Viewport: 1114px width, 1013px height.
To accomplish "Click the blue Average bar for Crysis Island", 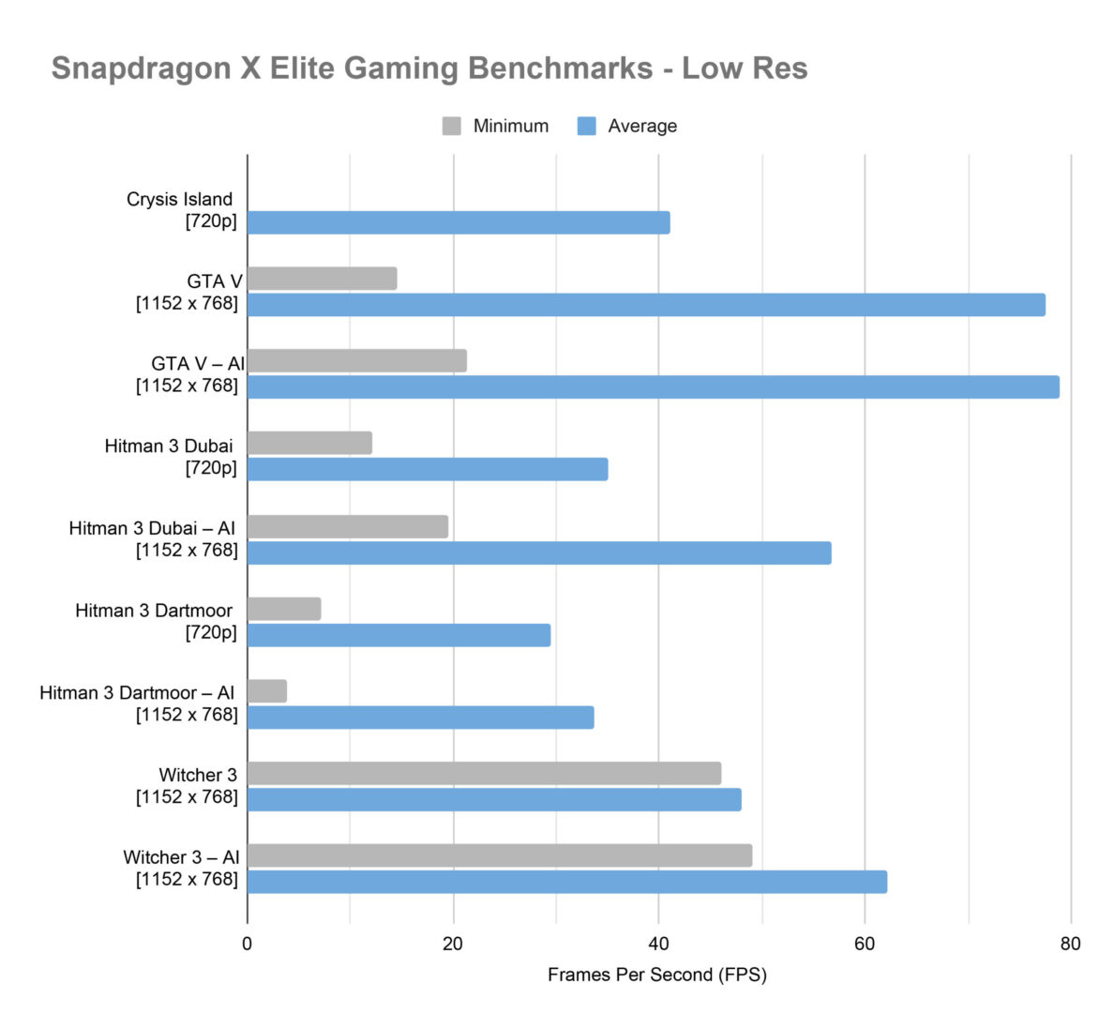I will coord(459,222).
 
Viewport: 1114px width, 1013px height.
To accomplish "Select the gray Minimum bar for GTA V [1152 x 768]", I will coord(323,279).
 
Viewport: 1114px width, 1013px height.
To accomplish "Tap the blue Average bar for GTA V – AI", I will coord(653,386).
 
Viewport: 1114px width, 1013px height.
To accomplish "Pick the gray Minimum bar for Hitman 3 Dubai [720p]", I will coord(309,443).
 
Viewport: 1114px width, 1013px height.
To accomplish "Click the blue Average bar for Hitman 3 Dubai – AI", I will coord(539,552).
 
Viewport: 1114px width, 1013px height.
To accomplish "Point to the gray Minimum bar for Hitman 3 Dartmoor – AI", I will coord(267,691).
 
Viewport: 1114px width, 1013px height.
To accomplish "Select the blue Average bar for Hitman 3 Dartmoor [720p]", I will coord(399,635).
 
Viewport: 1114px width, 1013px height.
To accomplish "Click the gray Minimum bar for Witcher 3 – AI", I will coord(500,855).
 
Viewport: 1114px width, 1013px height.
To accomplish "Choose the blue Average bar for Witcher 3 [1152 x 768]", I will coord(494,799).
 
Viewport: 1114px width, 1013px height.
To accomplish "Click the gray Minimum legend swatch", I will coord(452,126).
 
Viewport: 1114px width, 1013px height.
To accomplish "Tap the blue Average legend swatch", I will coord(587,126).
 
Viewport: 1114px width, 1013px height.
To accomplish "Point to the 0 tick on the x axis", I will coord(247,944).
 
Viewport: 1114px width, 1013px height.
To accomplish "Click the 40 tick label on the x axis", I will coord(658,944).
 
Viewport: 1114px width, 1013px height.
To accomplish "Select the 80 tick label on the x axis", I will coord(1070,944).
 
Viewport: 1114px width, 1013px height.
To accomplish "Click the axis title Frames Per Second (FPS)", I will coord(656,975).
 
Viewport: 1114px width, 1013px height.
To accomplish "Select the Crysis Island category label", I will coord(180,200).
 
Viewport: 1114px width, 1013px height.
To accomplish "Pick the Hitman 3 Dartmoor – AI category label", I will coord(137,693).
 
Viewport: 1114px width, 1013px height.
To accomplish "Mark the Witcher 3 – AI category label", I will coord(181,857).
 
